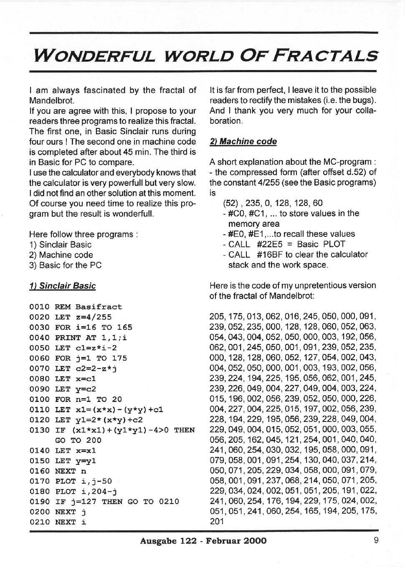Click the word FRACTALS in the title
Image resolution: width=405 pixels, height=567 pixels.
tap(325, 56)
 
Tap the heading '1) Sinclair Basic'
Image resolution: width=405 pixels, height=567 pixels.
tap(63, 286)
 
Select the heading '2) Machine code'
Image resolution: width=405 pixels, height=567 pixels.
tap(243, 141)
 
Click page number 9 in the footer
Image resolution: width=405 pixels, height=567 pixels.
tap(376, 540)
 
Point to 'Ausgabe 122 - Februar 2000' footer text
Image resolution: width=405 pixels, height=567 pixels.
tap(203, 541)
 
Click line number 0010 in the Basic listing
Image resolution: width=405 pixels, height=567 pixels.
tap(39, 307)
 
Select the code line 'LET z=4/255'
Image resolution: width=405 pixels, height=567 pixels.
tap(83, 317)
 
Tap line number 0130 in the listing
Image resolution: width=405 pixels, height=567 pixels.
tap(39, 430)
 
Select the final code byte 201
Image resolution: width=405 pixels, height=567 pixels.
tap(217, 521)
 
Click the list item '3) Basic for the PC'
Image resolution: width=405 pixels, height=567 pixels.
tap(66, 265)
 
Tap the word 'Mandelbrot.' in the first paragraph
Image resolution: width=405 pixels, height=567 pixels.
tap(51, 100)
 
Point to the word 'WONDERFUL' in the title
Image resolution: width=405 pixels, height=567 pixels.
tap(94, 56)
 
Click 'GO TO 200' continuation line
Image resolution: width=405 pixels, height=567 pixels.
tap(78, 440)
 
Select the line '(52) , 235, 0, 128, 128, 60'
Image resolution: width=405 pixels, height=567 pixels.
tap(273, 203)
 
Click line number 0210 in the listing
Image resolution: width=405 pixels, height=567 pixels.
tap(39, 522)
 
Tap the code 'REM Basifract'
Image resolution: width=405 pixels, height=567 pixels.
tap(89, 307)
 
